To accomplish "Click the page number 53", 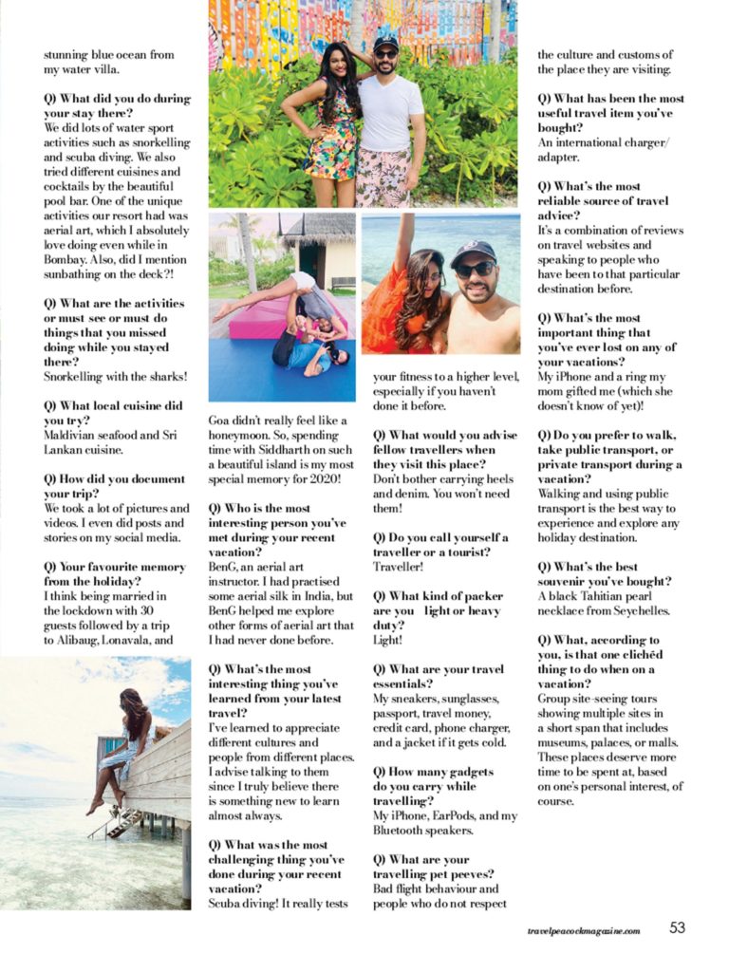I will [677, 927].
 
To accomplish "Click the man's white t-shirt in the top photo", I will [390, 114].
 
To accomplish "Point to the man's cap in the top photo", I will [385, 44].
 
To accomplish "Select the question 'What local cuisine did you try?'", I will [113, 413].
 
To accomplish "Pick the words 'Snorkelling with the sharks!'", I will [116, 376].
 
